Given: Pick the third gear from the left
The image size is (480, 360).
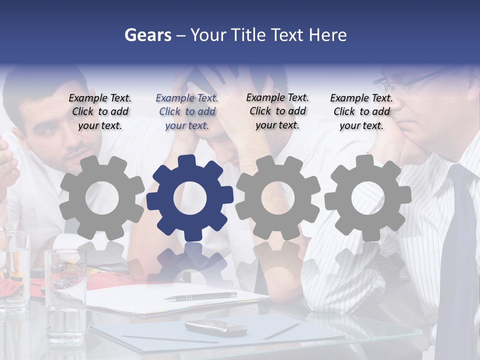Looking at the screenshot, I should click(277, 197).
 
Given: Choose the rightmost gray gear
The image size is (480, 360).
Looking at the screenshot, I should click(367, 197).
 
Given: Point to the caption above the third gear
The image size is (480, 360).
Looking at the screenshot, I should click(277, 111).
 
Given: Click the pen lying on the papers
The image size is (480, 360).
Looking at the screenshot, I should click(200, 296).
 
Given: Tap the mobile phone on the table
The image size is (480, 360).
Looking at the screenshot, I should click(215, 328).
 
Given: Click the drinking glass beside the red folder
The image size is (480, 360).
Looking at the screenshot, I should click(65, 295).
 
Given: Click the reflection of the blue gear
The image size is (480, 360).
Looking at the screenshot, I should click(189, 265).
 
